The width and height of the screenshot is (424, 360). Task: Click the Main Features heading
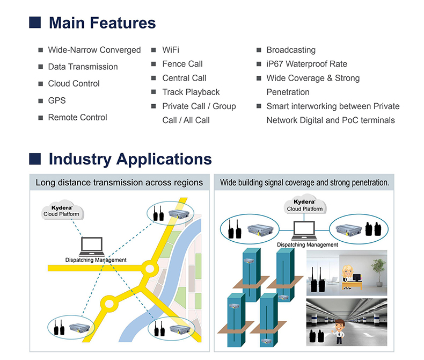click(102, 23)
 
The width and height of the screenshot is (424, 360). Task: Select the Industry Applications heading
click(130, 159)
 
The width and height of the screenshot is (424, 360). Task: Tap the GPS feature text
click(56, 100)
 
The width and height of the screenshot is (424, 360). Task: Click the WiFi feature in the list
click(171, 50)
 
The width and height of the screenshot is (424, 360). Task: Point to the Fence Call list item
click(182, 64)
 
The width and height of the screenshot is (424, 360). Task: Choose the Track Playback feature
click(191, 92)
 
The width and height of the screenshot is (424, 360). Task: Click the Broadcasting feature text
click(291, 50)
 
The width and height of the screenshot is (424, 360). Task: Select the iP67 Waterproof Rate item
click(306, 64)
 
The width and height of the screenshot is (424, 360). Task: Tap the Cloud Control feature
click(74, 84)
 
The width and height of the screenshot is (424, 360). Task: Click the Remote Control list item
click(77, 117)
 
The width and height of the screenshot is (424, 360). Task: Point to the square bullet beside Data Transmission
click(41, 67)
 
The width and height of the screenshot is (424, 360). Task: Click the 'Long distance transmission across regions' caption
click(119, 183)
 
